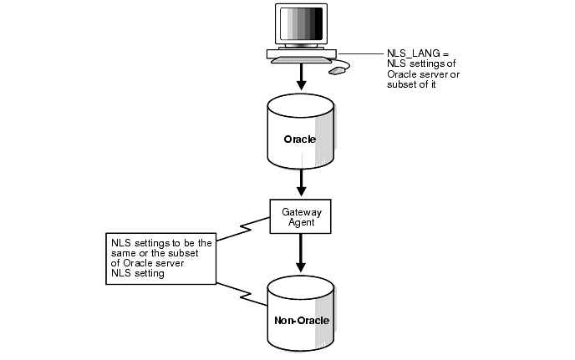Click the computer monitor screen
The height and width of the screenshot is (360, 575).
pos(300,24)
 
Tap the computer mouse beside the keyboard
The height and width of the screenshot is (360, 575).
pos(337,71)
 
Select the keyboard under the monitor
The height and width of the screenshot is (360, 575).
pos(301,60)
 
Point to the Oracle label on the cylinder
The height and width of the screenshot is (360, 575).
pos(299,139)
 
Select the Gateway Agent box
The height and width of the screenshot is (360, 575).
pos(300,215)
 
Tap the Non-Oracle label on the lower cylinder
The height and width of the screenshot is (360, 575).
pos(300,320)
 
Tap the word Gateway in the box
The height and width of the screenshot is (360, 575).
pos(300,210)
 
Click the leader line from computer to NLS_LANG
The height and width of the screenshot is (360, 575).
pos(359,54)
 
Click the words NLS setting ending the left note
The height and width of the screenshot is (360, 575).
pos(138,273)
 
